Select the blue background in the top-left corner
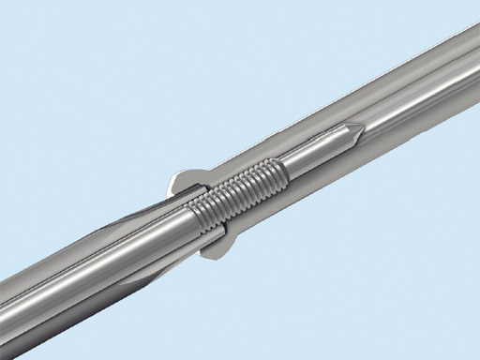(37, 37)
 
